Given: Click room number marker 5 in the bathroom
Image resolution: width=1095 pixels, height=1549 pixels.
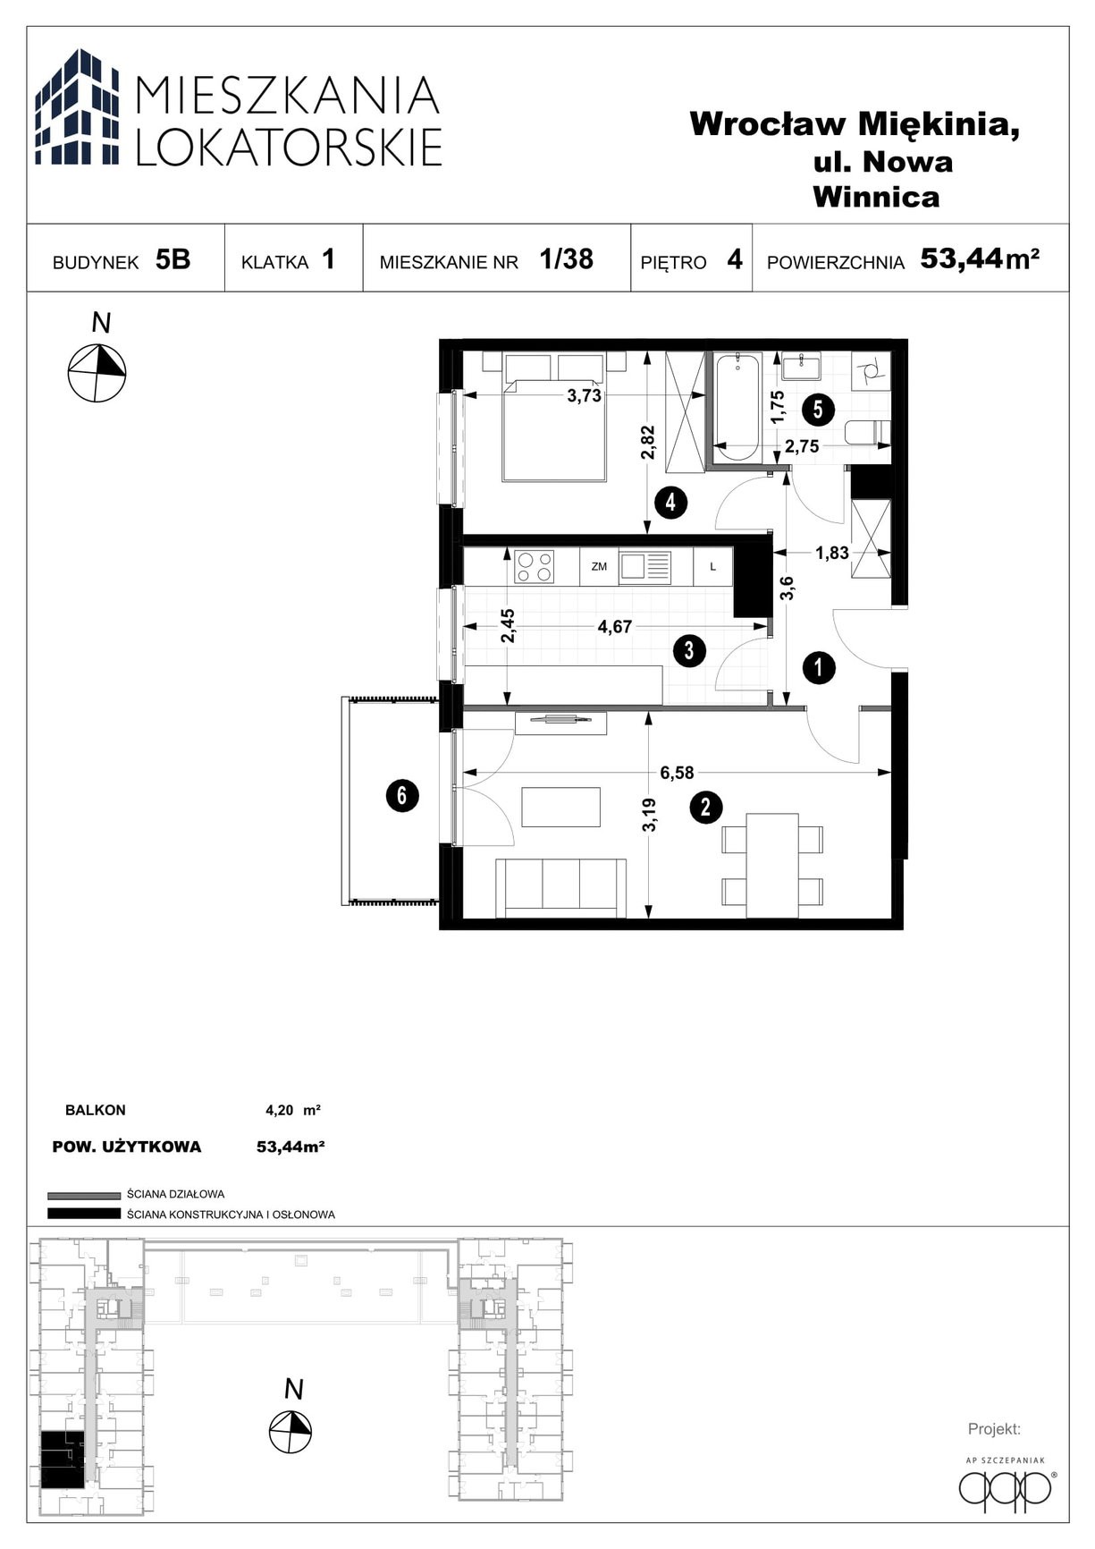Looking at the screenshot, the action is [x=818, y=410].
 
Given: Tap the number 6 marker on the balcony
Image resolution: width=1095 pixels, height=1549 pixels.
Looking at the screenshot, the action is [x=402, y=795].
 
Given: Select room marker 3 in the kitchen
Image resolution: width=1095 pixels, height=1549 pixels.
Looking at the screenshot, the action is [x=689, y=650].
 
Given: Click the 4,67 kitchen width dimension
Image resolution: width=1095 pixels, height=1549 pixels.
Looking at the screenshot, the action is [x=615, y=627].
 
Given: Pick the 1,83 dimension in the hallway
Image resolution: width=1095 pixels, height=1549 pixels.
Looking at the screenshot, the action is [x=831, y=553].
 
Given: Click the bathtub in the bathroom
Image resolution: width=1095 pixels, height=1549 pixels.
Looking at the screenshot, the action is [x=737, y=408].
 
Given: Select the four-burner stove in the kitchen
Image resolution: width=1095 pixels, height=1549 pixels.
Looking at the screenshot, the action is [x=534, y=567].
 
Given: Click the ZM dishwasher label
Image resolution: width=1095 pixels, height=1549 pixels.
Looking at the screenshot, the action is [x=599, y=567].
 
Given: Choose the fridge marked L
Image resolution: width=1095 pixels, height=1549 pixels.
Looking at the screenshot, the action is [x=712, y=567].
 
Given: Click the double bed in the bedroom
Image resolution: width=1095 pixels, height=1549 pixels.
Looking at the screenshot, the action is [x=554, y=417].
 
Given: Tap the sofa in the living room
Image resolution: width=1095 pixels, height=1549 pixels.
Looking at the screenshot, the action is [x=560, y=887].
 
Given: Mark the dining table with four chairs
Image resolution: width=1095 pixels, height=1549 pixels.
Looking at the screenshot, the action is [x=772, y=865].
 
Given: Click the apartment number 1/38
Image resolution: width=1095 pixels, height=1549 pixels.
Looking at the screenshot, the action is [x=566, y=258].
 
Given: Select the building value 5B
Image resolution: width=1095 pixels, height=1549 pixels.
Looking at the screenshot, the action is [x=173, y=259].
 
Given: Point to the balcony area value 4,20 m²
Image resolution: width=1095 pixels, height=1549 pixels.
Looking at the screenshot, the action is [x=293, y=1111].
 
